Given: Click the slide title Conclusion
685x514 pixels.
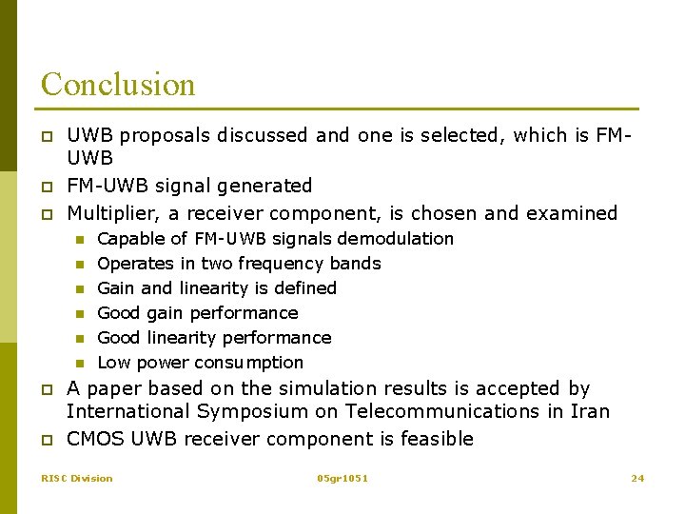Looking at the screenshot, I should tap(118, 85).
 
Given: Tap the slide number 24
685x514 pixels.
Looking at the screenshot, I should tap(637, 478).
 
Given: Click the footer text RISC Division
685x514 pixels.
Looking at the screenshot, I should tap(76, 478).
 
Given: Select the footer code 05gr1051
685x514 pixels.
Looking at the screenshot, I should tap(342, 478).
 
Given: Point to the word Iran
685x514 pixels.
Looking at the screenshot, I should tap(591, 411).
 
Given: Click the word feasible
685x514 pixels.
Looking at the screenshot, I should tap(439, 439).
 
